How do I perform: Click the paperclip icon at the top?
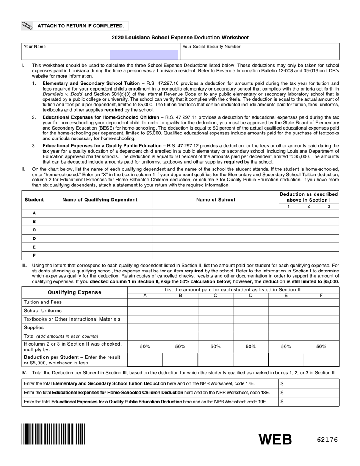coord(27,26)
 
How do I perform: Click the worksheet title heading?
coord(180,38)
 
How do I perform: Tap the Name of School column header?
coord(216,200)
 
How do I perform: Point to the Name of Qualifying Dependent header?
coord(100,200)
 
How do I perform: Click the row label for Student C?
coord(34,230)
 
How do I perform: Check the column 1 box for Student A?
coord(289,213)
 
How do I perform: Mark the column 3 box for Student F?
coord(329,255)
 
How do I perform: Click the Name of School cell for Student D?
coord(216,239)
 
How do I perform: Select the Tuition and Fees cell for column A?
coord(145,302)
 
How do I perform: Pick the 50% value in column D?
coord(250,347)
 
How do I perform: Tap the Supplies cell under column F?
coord(321,328)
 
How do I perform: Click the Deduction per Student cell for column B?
coord(180,360)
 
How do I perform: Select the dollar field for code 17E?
coord(309,384)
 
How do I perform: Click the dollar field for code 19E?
coord(309,402)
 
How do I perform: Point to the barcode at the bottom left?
coord(53,434)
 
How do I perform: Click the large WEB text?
coord(275,439)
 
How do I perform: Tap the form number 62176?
coord(327,440)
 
